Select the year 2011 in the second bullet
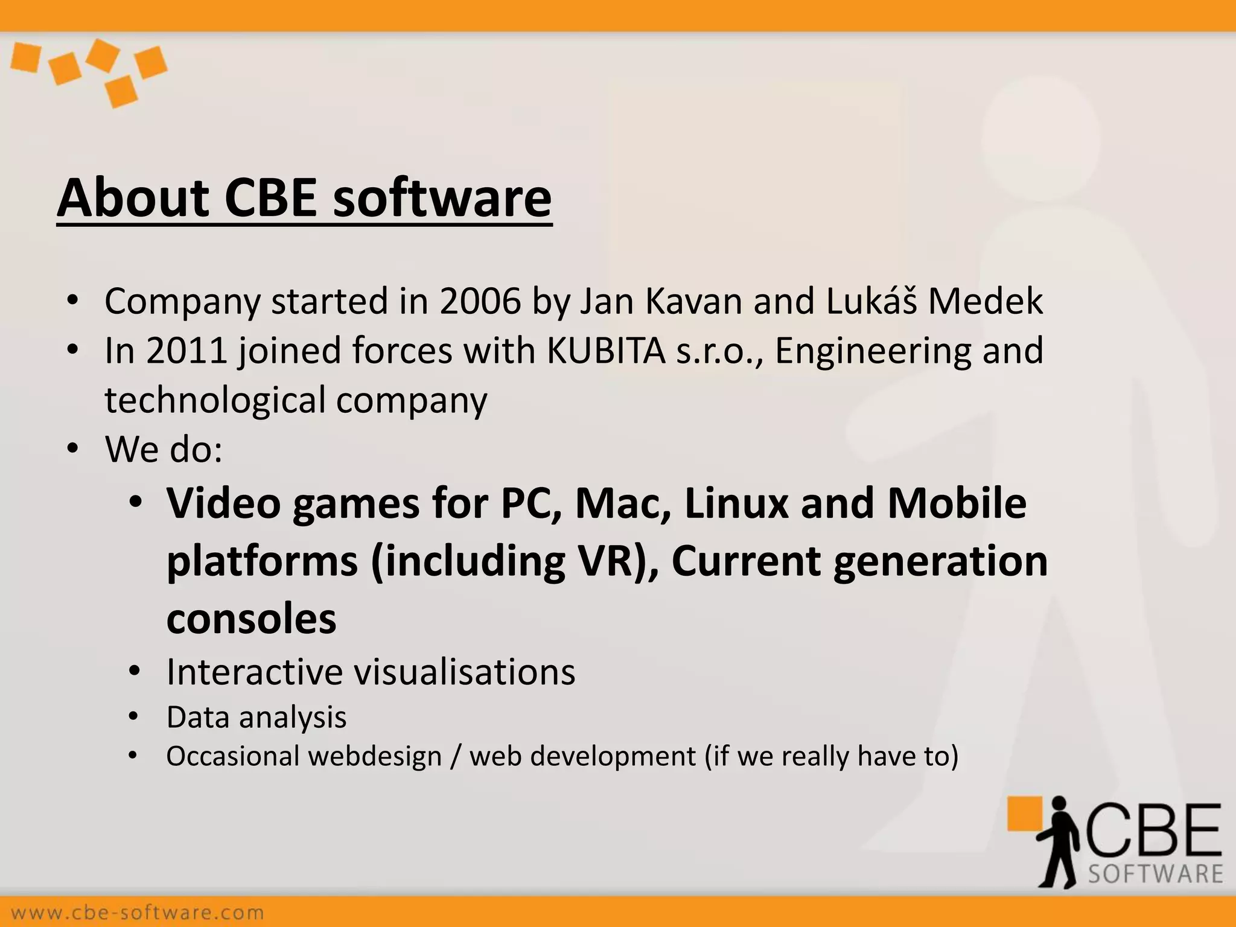point(186,351)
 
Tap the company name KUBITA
point(605,351)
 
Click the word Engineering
point(872,352)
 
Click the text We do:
point(164,450)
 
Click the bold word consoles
point(251,619)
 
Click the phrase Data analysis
point(256,718)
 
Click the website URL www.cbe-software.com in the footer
point(138,912)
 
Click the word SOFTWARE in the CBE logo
point(1155,874)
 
